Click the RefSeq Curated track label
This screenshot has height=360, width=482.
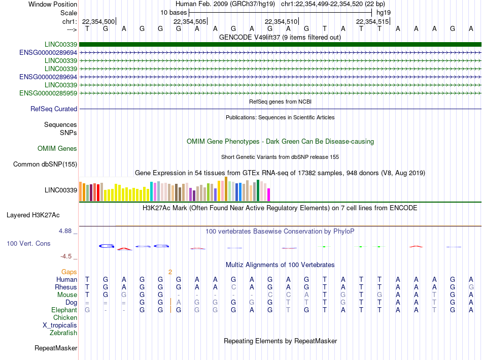[x=54, y=109]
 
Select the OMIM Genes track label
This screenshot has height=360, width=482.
[x=57, y=149]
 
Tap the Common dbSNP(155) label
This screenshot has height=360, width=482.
[x=45, y=165]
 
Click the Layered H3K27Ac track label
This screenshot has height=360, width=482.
[x=33, y=215]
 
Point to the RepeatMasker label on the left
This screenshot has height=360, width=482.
[x=56, y=348]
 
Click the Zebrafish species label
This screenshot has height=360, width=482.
[x=63, y=333]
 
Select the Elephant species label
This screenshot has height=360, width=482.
[x=64, y=310]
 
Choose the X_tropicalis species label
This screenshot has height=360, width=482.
[x=60, y=325]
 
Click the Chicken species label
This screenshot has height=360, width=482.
[x=65, y=317]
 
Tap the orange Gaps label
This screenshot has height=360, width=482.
[x=69, y=272]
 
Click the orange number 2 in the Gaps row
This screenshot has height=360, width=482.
[x=170, y=272]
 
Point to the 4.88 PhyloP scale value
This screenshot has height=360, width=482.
[x=65, y=231]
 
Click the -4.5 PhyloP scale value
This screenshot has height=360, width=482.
[x=66, y=256]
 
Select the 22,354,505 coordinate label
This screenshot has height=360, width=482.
[x=190, y=21]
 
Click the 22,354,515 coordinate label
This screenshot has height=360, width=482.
[x=372, y=21]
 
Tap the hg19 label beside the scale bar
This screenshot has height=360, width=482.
[x=384, y=13]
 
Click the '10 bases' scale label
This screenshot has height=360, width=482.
[x=174, y=13]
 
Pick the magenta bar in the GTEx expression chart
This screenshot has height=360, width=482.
[x=269, y=195]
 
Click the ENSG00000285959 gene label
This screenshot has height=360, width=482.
[x=48, y=93]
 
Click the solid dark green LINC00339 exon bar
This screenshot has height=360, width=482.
[x=280, y=44]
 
